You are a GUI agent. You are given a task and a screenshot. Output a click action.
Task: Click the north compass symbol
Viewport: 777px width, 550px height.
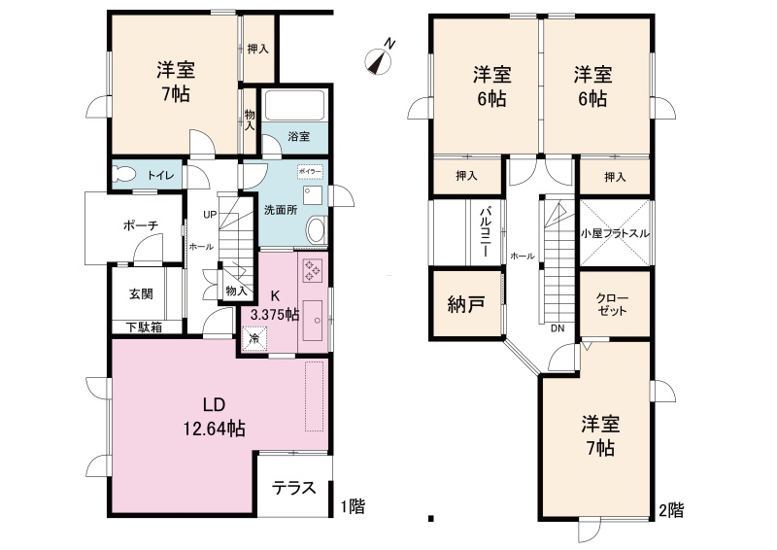click(x=379, y=62)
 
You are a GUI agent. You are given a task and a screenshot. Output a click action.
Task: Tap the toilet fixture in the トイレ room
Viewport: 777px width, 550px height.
click(x=124, y=175)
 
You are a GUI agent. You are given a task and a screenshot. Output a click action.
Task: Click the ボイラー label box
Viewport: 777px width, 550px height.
click(x=310, y=171)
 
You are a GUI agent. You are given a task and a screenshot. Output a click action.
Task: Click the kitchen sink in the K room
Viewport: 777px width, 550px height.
click(x=313, y=320)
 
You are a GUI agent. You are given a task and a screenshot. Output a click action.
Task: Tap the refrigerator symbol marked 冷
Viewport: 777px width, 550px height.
click(x=254, y=339)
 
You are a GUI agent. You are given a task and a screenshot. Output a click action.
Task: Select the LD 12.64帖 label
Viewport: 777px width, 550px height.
click(x=215, y=416)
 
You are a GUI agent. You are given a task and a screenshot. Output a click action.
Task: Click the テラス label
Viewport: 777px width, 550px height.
click(x=294, y=488)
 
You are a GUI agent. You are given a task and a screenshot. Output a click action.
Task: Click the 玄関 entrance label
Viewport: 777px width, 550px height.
click(x=141, y=293)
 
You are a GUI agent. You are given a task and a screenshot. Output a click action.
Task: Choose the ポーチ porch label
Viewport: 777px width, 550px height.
click(x=140, y=226)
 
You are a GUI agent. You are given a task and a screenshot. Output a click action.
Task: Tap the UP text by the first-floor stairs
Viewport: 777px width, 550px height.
click(x=210, y=215)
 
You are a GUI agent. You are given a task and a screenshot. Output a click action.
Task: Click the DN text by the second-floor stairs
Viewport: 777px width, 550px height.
click(x=557, y=327)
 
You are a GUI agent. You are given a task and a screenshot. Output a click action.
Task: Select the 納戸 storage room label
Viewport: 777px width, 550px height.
click(x=466, y=304)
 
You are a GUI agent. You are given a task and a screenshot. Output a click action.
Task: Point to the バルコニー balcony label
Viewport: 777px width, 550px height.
click(x=485, y=232)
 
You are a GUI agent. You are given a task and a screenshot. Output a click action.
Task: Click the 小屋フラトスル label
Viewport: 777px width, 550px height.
click(x=615, y=233)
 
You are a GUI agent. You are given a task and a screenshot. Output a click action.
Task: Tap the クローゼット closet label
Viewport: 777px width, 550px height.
click(x=612, y=304)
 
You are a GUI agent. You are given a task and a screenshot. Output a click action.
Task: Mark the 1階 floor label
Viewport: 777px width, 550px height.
click(x=353, y=506)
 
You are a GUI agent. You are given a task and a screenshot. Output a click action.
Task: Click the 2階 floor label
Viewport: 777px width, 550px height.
click(x=670, y=509)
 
